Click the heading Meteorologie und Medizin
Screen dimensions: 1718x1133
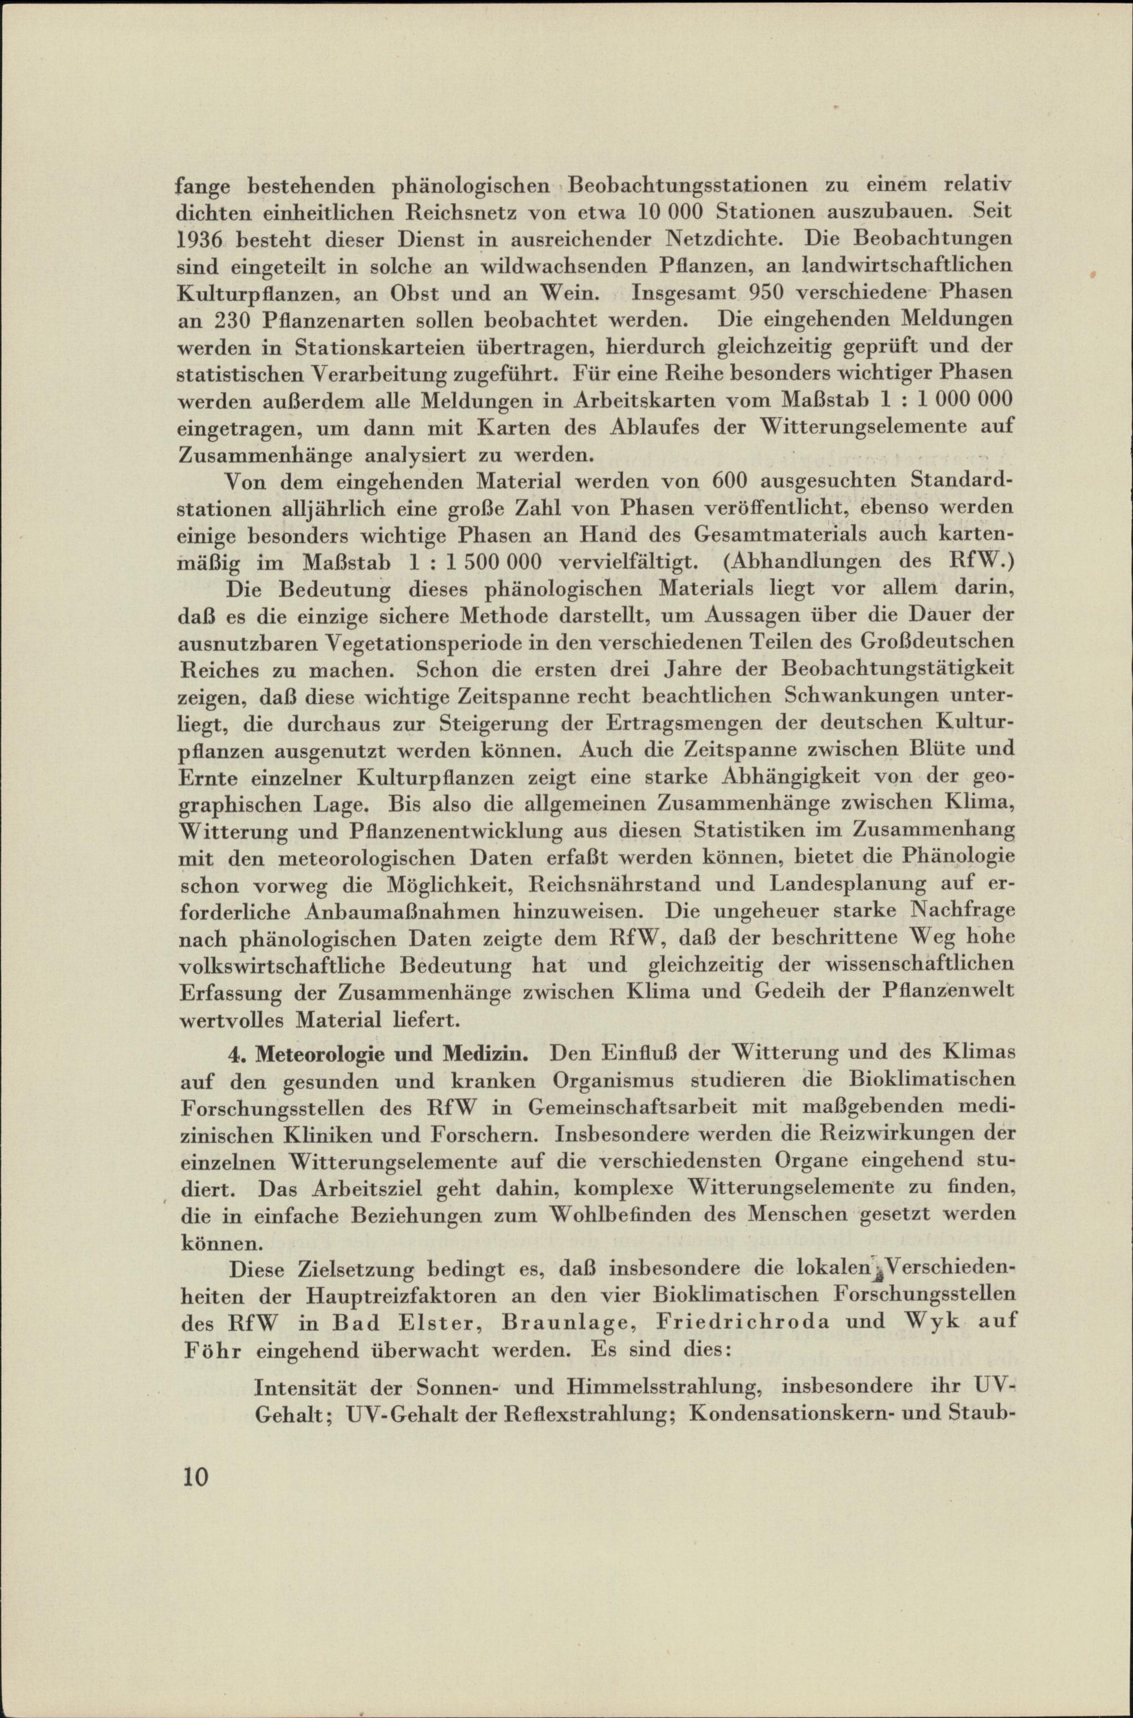[387, 1054]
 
